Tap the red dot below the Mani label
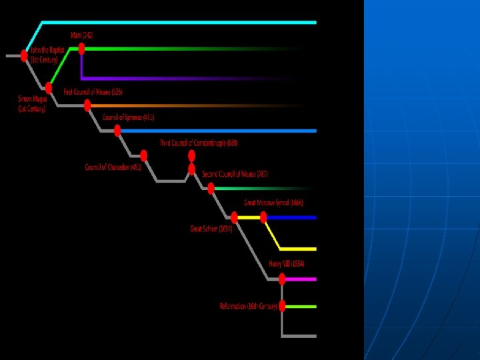point(81,49)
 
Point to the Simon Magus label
point(32,103)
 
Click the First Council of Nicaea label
point(93,91)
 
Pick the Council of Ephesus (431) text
point(128,117)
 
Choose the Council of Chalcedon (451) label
point(113,167)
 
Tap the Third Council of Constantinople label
point(199,143)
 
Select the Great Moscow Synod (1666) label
point(273,202)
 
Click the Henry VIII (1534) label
point(287,264)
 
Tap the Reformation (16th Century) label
point(248,306)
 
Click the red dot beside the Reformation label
point(283,306)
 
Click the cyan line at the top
point(180,23)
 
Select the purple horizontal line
point(200,78)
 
